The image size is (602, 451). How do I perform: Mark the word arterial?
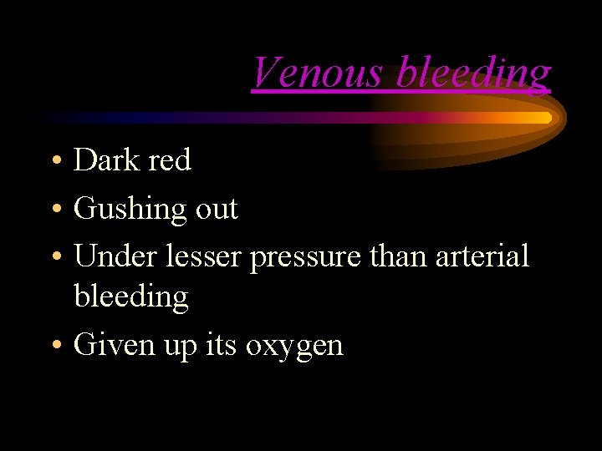pyautogui.click(x=482, y=256)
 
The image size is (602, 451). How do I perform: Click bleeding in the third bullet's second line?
pyautogui.click(x=131, y=296)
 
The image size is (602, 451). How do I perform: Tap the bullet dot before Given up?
pyautogui.click(x=54, y=345)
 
